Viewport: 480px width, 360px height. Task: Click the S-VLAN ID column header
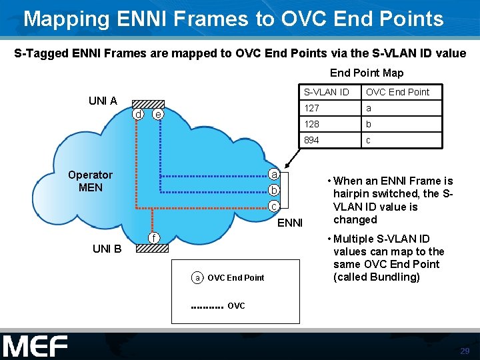pos(327,92)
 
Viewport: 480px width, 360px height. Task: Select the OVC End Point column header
pos(397,92)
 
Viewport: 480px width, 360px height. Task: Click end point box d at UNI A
pos(138,115)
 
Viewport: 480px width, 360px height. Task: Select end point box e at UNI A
pos(157,115)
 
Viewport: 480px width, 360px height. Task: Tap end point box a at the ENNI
pos(273,175)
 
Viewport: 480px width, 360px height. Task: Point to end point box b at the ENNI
pos(273,191)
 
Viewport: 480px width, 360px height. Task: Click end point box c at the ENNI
pos(273,207)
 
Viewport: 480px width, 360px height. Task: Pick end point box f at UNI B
pos(153,238)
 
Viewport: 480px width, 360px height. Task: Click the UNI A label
pos(103,101)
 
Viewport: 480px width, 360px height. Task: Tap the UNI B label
pos(107,249)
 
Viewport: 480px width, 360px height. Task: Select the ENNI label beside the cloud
pos(290,223)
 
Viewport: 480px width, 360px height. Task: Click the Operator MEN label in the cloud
pos(91,181)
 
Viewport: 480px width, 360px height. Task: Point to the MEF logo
pos(35,346)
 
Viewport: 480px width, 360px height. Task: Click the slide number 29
pos(465,351)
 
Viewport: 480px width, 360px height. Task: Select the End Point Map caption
pos(367,73)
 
